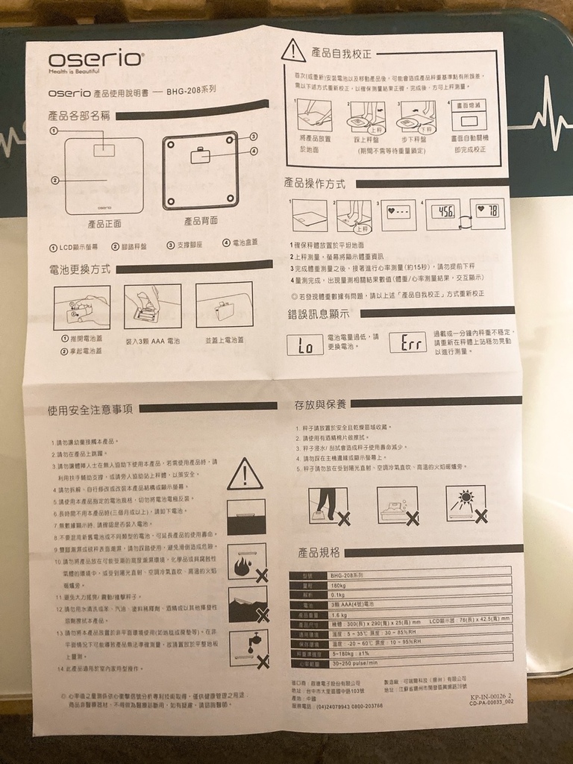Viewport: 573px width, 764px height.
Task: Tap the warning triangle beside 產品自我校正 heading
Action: pyautogui.click(x=292, y=50)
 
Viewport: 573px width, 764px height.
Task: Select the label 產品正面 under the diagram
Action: pyautogui.click(x=104, y=222)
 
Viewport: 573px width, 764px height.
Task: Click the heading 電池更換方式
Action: pyautogui.click(x=79, y=269)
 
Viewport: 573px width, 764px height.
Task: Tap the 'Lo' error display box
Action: pyautogui.click(x=304, y=345)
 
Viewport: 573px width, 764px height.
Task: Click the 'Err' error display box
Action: pyautogui.click(x=407, y=342)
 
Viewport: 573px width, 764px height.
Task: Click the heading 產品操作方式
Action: pyautogui.click(x=314, y=183)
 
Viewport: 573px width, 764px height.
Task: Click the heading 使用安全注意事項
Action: pyautogui.click(x=90, y=409)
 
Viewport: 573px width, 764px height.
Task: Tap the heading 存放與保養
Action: pyautogui.click(x=321, y=404)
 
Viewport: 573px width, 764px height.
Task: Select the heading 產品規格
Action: pyautogui.click(x=319, y=553)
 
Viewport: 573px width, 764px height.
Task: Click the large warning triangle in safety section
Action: pyautogui.click(x=245, y=474)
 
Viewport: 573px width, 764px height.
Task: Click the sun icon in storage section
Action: pyautogui.click(x=464, y=501)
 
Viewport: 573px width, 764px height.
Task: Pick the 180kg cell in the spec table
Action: pyautogui.click(x=339, y=586)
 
